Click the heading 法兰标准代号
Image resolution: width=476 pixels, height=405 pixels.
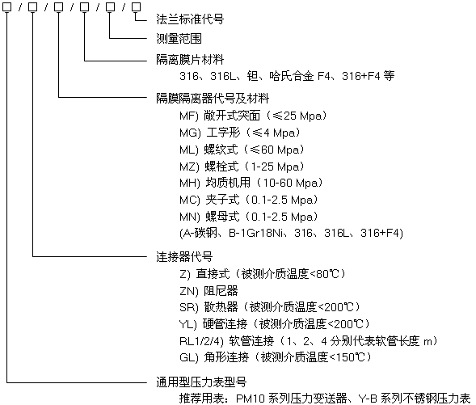coord(190,19)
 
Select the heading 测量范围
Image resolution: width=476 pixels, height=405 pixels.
coord(179,39)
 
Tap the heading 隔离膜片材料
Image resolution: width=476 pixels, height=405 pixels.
coord(190,60)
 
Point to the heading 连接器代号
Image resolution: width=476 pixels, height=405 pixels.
coord(184,257)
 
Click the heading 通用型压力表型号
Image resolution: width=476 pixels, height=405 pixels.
coord(201,382)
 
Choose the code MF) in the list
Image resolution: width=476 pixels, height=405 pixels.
coord(189,116)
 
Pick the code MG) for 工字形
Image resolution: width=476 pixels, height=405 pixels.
coord(190,133)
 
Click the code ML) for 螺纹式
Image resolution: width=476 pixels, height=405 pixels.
coord(189,150)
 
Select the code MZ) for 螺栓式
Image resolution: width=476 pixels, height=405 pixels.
coord(189,167)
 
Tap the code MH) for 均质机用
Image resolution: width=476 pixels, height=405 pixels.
coord(190,183)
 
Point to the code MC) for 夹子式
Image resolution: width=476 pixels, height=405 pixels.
coord(190,200)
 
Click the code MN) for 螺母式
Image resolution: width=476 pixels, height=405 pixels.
coord(190,217)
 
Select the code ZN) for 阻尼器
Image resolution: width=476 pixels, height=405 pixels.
coord(189,291)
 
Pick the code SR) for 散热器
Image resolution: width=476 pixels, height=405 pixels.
coord(189,307)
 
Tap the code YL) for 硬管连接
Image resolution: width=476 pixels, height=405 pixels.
coord(188,324)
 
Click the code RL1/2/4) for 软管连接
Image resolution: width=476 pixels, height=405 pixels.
coord(201,341)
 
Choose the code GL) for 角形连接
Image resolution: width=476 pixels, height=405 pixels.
coord(189,357)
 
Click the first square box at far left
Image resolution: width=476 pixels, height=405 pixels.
coord(6,7)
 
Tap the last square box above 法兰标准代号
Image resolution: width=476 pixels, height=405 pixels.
coord(137,7)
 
